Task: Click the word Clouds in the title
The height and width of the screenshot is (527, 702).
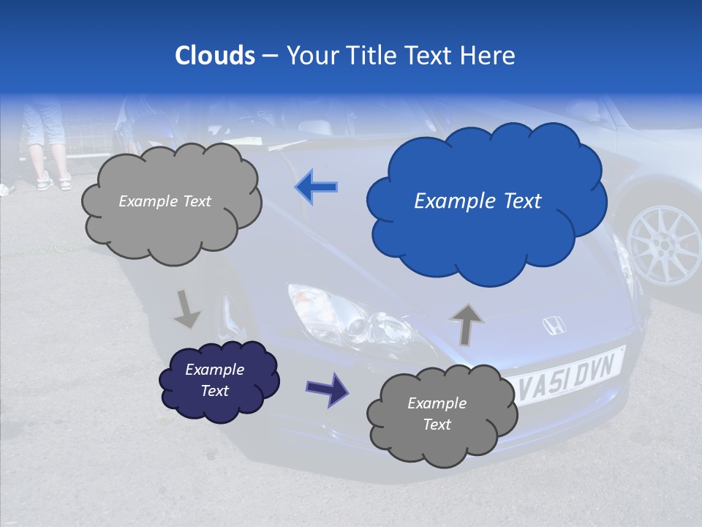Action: click(x=215, y=56)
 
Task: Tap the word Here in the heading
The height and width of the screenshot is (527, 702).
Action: click(x=489, y=56)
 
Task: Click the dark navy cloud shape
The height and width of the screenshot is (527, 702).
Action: click(x=219, y=380)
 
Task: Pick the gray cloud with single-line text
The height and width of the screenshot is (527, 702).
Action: click(x=170, y=201)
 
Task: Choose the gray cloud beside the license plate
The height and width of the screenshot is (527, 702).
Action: click(x=441, y=414)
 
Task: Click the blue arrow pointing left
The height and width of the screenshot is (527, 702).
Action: click(x=317, y=187)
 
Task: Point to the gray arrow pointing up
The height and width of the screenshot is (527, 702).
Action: click(x=467, y=324)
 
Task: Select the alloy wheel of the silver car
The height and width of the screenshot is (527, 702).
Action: click(x=664, y=244)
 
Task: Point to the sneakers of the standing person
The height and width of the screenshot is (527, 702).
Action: click(x=56, y=181)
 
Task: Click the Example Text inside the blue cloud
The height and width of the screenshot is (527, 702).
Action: click(x=478, y=201)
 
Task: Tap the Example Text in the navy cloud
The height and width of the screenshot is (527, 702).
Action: click(x=214, y=380)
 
